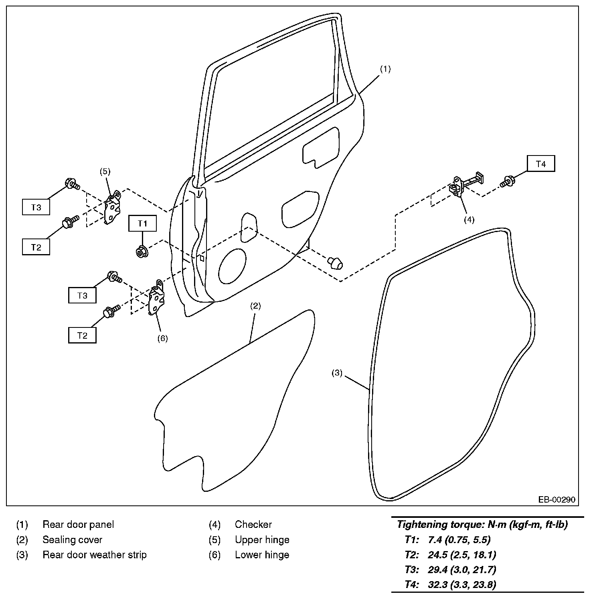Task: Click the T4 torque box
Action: tap(541, 164)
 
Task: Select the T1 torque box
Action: tap(142, 224)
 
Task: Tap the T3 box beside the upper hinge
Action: tap(36, 208)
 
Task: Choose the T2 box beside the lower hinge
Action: tap(82, 335)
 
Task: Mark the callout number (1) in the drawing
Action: tap(385, 69)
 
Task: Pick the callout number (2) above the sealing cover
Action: tap(255, 306)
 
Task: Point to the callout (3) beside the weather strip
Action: tap(337, 373)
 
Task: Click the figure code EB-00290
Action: tap(556, 499)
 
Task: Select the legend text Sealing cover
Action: tap(72, 540)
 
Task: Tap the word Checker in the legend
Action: tap(253, 525)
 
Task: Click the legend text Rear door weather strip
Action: tap(94, 555)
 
